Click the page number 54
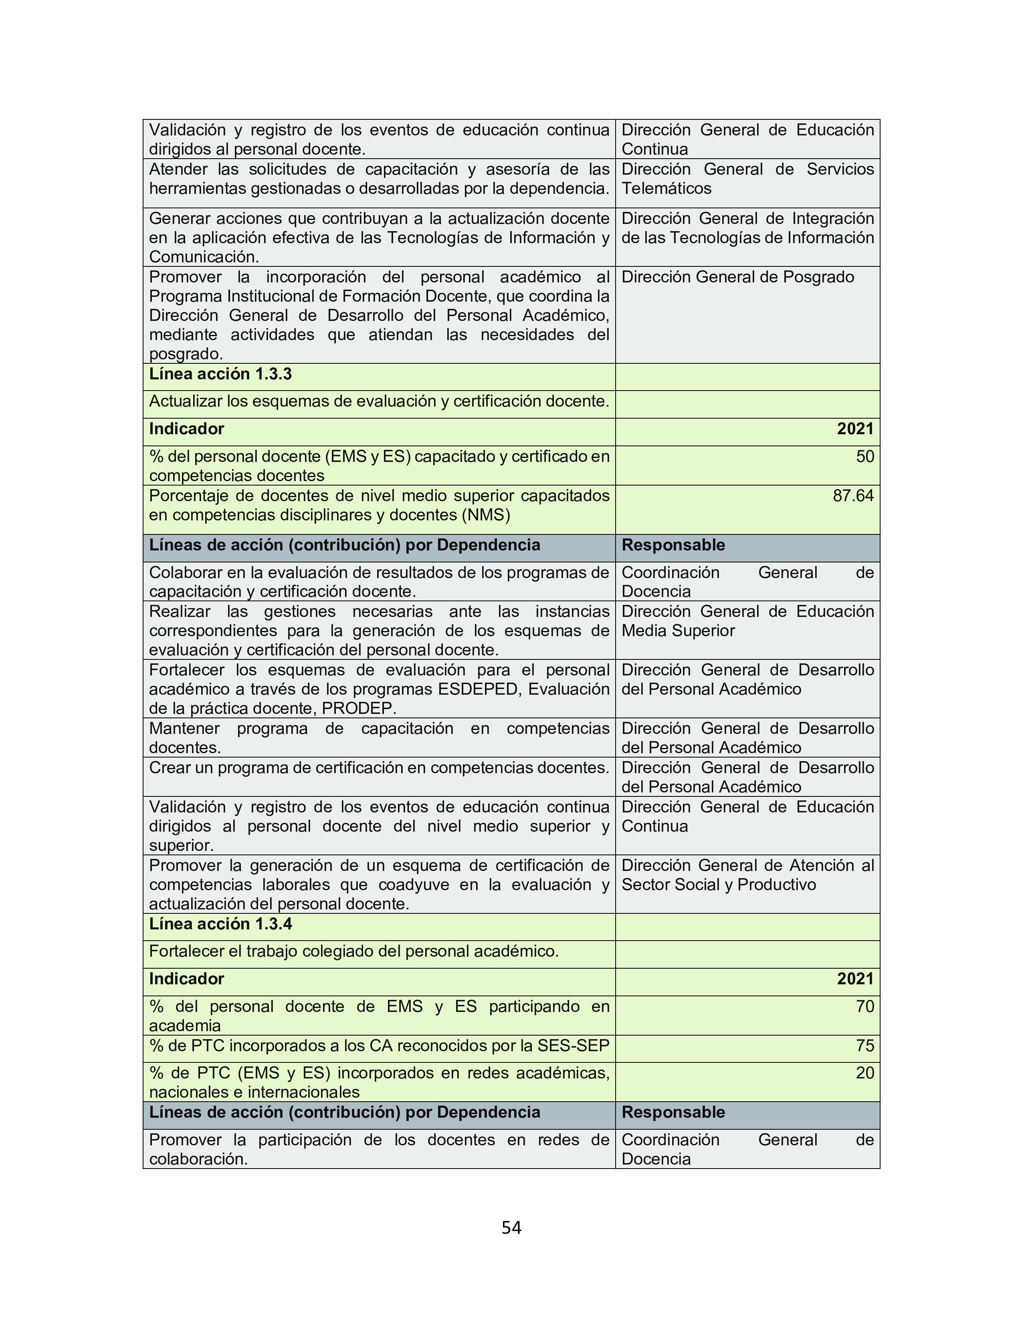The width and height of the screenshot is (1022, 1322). click(x=511, y=1227)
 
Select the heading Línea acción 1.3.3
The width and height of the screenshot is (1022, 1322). click(x=220, y=374)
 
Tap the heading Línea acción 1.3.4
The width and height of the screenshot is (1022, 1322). click(x=220, y=924)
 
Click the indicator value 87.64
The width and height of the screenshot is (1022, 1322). click(x=853, y=496)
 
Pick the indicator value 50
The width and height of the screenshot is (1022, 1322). click(x=864, y=456)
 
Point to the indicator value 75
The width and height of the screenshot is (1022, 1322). click(x=864, y=1045)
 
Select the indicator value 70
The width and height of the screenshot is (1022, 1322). click(x=864, y=1006)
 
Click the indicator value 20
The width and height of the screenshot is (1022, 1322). click(x=864, y=1072)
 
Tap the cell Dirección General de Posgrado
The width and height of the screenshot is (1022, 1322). click(x=737, y=277)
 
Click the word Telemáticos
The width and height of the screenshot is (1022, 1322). click(x=666, y=188)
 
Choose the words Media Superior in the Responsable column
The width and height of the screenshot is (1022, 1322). click(x=678, y=631)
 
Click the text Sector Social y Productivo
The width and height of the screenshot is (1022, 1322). click(x=719, y=885)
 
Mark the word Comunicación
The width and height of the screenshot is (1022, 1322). click(x=204, y=257)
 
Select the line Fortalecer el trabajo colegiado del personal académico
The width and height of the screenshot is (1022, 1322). click(x=353, y=951)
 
